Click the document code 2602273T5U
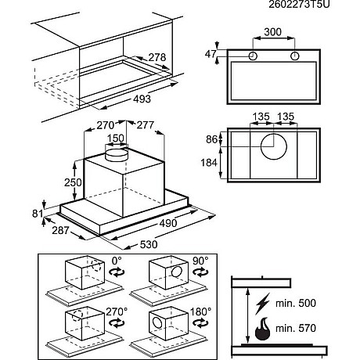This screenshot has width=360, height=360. point(299,5)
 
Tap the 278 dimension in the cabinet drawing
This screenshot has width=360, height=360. point(157,57)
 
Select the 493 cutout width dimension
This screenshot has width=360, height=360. point(142,99)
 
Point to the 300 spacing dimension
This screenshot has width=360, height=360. point(273,32)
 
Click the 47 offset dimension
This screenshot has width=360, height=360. point(211,54)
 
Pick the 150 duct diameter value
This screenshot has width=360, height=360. point(116,138)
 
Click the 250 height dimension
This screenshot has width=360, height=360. point(73,182)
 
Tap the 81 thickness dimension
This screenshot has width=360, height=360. point(38,214)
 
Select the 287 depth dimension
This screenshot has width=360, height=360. point(60,230)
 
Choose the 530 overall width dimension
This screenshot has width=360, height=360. point(149,244)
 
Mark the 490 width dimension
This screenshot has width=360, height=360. point(168,223)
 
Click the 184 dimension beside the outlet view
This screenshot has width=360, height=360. point(209,163)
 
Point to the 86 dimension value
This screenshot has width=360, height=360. point(211,139)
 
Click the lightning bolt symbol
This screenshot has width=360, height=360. point(262,304)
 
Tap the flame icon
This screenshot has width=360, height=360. point(263,329)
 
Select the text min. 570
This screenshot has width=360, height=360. point(296,328)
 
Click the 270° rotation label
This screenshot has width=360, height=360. point(117,311)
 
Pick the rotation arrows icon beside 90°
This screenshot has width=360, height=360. point(200,272)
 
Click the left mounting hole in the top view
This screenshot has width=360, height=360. point(253,56)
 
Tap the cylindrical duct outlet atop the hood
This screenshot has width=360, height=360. point(117,155)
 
